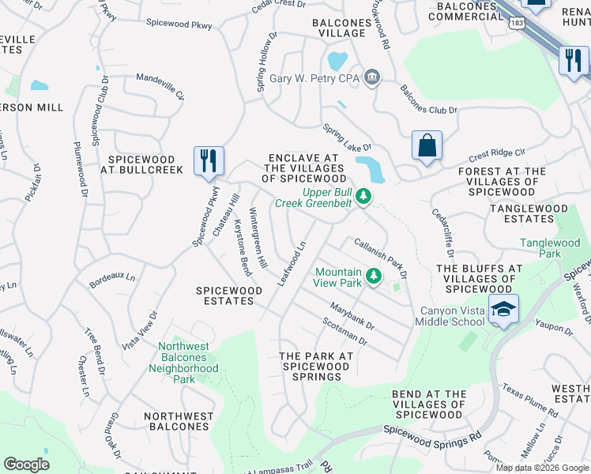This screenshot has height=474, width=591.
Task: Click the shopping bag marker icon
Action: click(x=427, y=146)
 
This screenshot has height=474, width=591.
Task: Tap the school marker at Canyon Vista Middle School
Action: click(x=503, y=309)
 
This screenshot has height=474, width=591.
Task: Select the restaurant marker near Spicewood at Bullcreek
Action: click(x=209, y=160)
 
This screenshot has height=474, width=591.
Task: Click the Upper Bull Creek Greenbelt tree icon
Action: click(x=363, y=195)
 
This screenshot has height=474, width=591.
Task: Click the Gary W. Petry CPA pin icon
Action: click(x=373, y=78)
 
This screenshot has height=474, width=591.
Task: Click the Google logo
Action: click(x=26, y=465)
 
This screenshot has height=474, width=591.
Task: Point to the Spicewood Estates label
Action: click(x=229, y=295)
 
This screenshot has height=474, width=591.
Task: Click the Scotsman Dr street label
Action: click(x=344, y=331)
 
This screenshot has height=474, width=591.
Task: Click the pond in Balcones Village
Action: click(x=337, y=60)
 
